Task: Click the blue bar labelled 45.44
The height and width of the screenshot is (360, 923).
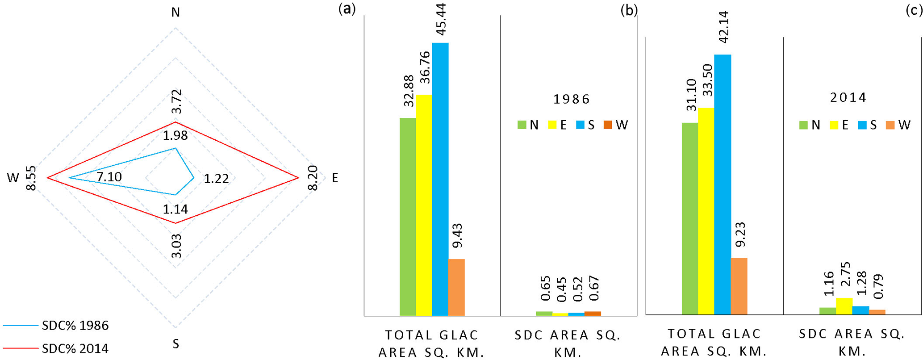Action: pyautogui.click(x=440, y=179)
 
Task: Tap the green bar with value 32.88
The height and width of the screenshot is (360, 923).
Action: pyautogui.click(x=408, y=217)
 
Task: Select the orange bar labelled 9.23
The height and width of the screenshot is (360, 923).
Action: pyautogui.click(x=739, y=286)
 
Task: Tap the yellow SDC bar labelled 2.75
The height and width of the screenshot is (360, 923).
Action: pyautogui.click(x=844, y=306)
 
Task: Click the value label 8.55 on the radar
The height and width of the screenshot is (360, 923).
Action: pyautogui.click(x=31, y=178)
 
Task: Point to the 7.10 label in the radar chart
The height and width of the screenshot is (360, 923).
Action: pyautogui.click(x=109, y=177)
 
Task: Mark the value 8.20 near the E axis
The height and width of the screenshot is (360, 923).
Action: pyautogui.click(x=313, y=178)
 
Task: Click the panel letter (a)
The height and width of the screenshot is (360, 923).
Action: pyautogui.click(x=347, y=8)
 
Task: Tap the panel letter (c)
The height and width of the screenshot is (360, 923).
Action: pyautogui.click(x=914, y=10)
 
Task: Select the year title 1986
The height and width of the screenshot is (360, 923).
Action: pyautogui.click(x=572, y=99)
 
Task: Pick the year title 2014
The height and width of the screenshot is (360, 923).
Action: pyautogui.click(x=848, y=97)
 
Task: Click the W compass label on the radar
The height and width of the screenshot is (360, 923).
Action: pyautogui.click(x=13, y=178)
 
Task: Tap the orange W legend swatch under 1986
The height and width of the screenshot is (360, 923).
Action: pyautogui.click(x=607, y=125)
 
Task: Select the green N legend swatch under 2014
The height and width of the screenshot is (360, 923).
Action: pyautogui.click(x=803, y=125)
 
